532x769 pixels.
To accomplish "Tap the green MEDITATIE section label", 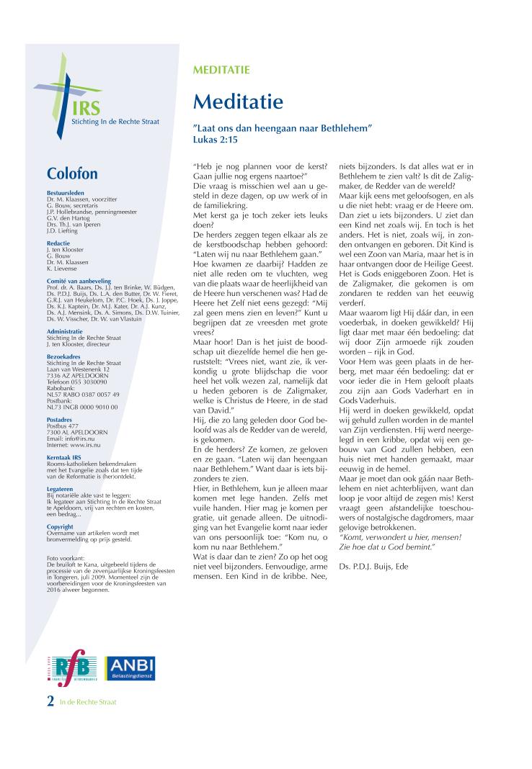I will (221, 70).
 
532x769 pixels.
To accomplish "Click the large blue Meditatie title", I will (238, 102).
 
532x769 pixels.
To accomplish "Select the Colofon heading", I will (72, 174).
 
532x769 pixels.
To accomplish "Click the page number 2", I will (50, 701).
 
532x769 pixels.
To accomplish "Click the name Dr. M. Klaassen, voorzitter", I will (77, 200).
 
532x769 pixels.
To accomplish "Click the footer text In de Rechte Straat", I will (88, 701).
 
